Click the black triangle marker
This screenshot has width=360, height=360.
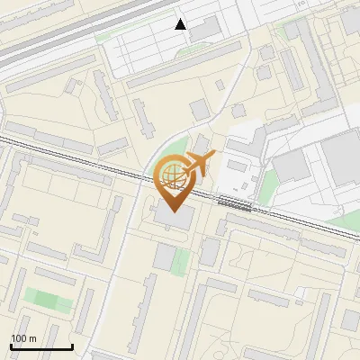pyautogui.click(x=181, y=24)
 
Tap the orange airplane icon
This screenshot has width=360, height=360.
pyautogui.click(x=197, y=164)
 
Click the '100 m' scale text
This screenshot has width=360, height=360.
pyautogui.click(x=23, y=338)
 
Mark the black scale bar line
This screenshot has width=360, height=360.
pyautogui.click(x=41, y=346)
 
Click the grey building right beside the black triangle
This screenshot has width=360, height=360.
pyautogui.click(x=204, y=30)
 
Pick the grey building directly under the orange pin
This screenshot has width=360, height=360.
pyautogui.click(x=175, y=217)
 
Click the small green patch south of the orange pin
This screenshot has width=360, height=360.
pyautogui.click(x=181, y=261)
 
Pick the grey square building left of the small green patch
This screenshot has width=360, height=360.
pyautogui.click(x=163, y=256)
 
